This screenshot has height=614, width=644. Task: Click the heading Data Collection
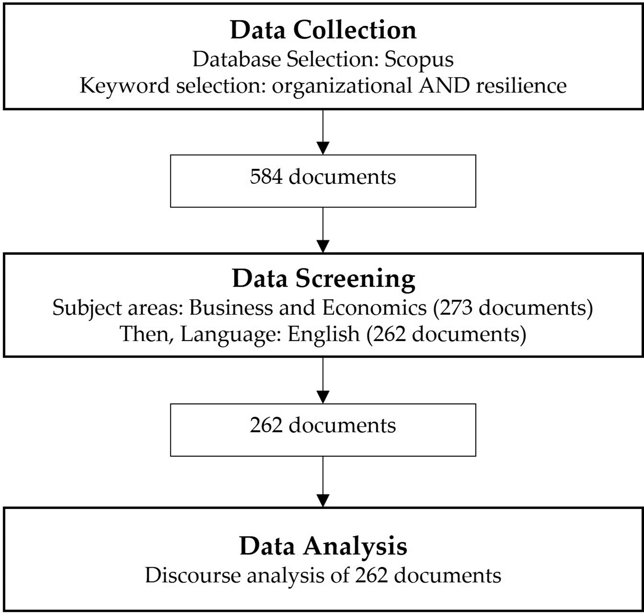(323, 30)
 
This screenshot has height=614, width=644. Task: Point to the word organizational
(342, 86)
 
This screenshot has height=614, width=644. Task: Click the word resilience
(521, 85)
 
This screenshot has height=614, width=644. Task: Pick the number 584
(266, 176)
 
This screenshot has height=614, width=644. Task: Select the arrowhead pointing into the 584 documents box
(323, 148)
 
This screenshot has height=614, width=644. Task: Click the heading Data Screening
(323, 279)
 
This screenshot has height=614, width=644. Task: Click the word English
(324, 334)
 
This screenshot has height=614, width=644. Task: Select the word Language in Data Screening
(230, 335)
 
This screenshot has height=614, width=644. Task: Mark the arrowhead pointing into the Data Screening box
(323, 246)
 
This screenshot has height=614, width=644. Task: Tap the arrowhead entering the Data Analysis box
(323, 501)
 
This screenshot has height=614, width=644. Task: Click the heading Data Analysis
(323, 547)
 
